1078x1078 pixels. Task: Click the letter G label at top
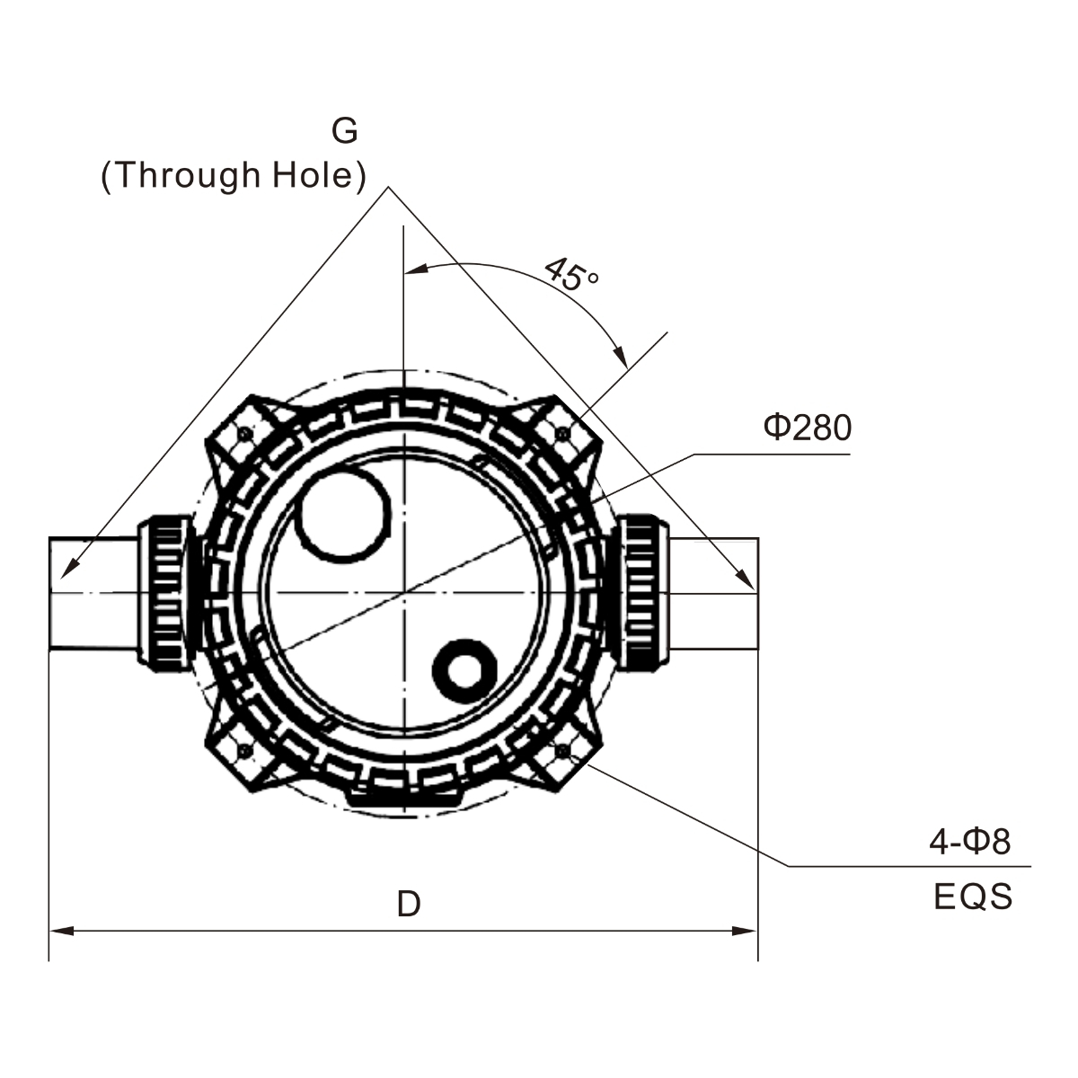345,131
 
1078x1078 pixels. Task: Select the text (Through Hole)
234,175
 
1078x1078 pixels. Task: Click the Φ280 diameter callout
807,429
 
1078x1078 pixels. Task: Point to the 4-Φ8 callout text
969,842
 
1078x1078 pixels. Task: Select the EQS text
973,897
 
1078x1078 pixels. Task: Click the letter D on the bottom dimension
409,904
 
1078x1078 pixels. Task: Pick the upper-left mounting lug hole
245,435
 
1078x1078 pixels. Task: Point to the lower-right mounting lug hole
563,748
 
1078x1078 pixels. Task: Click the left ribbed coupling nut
165,591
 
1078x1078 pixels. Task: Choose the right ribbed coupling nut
641,591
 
